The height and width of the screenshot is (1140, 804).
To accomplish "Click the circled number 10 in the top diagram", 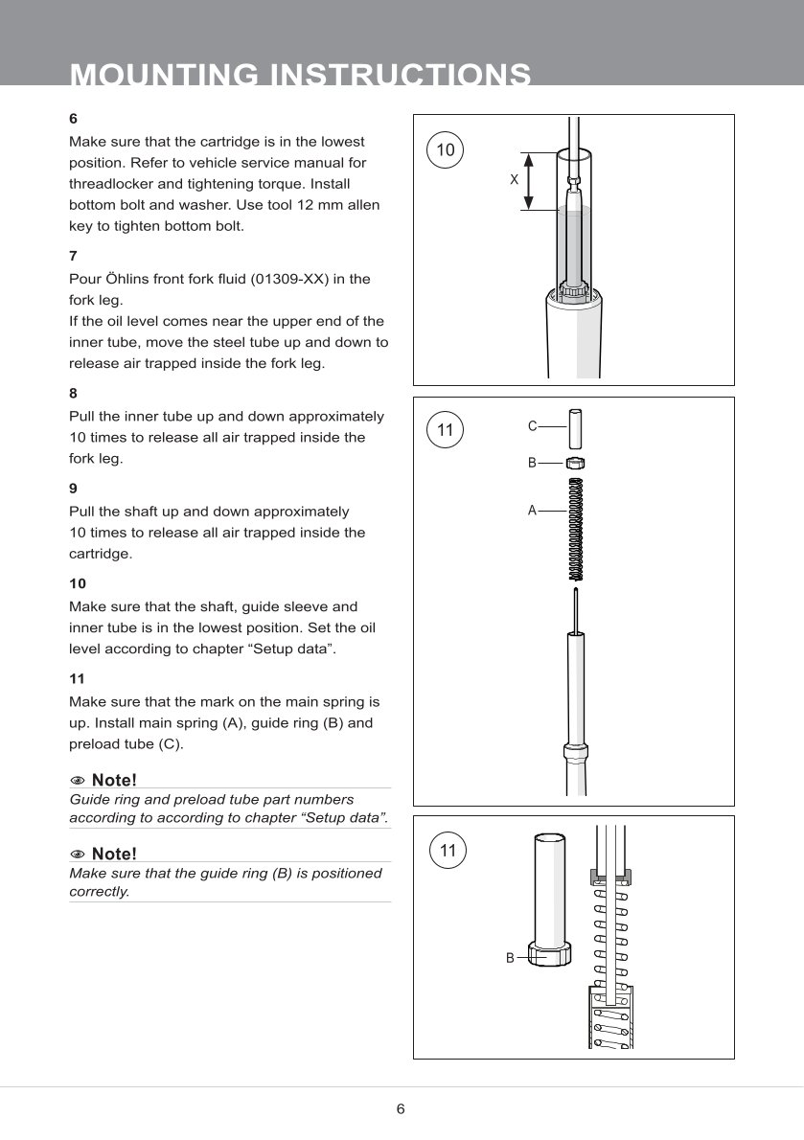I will point(446,149).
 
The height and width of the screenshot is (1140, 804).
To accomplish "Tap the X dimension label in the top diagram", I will point(515,179).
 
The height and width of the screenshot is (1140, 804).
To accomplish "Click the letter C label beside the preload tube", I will point(532,425).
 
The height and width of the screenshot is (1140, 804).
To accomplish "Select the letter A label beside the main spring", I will point(532,511).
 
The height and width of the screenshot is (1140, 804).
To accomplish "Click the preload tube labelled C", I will point(575,427).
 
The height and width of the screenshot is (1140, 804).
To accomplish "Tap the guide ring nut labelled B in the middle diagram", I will point(575,463).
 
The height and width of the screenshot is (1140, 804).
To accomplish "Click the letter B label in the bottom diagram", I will point(511,957).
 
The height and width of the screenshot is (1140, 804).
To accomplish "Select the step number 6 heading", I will point(73,119).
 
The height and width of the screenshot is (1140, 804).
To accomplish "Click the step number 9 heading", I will point(73,488).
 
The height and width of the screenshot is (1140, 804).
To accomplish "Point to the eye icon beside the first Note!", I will point(78,780).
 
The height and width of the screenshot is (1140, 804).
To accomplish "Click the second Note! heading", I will point(114,854).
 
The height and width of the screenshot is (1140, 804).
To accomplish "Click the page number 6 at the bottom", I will point(401,1109).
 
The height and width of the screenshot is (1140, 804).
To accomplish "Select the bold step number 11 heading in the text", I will point(77,677).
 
